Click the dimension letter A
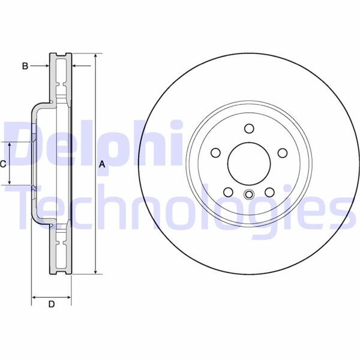coord(102,164)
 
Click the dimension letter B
coord(25,66)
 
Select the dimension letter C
coord(4,164)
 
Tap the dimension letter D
coord(52,305)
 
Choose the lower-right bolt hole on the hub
coord(270,191)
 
